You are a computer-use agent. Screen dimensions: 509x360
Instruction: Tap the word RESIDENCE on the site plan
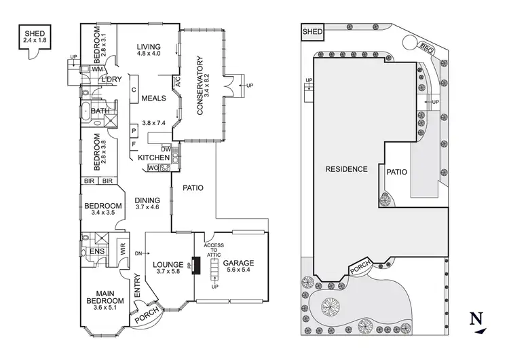346,170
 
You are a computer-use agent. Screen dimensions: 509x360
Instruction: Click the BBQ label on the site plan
427,48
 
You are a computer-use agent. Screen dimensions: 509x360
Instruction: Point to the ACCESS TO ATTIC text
215,250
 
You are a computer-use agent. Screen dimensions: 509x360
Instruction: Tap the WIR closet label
124,249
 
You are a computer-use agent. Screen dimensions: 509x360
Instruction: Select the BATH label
100,111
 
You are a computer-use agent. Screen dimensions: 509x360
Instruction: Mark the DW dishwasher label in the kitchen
166,149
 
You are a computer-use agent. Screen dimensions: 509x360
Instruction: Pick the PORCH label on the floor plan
145,317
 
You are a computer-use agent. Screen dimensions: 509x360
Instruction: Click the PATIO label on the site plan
397,173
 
